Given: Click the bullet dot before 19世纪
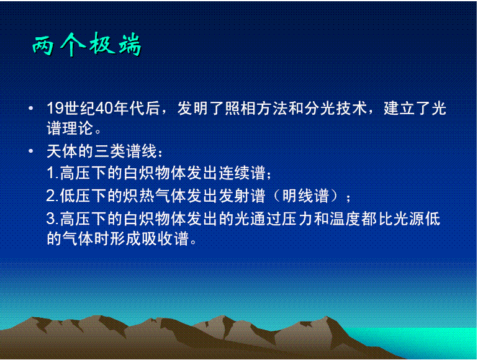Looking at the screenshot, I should coord(31,110).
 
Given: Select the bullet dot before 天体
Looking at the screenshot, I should coord(31,151).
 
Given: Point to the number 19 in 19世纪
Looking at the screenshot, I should coord(54,109).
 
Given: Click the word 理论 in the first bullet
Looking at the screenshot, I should coord(82,129).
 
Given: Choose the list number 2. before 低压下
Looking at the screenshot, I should coord(53,196).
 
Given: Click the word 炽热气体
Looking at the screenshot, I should coord(142,196).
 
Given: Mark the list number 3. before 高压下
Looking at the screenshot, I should coord(53,219).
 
